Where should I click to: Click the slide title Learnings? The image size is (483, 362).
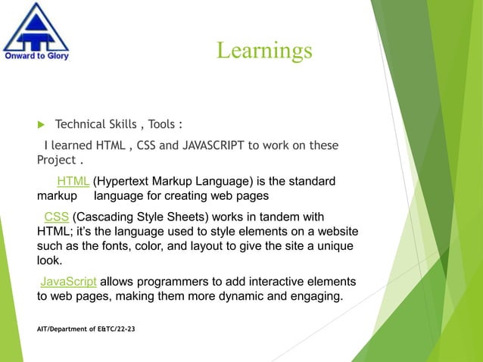264,50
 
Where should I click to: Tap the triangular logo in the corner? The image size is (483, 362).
36,27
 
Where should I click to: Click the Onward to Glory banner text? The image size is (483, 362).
36,55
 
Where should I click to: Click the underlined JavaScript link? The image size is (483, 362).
68,282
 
